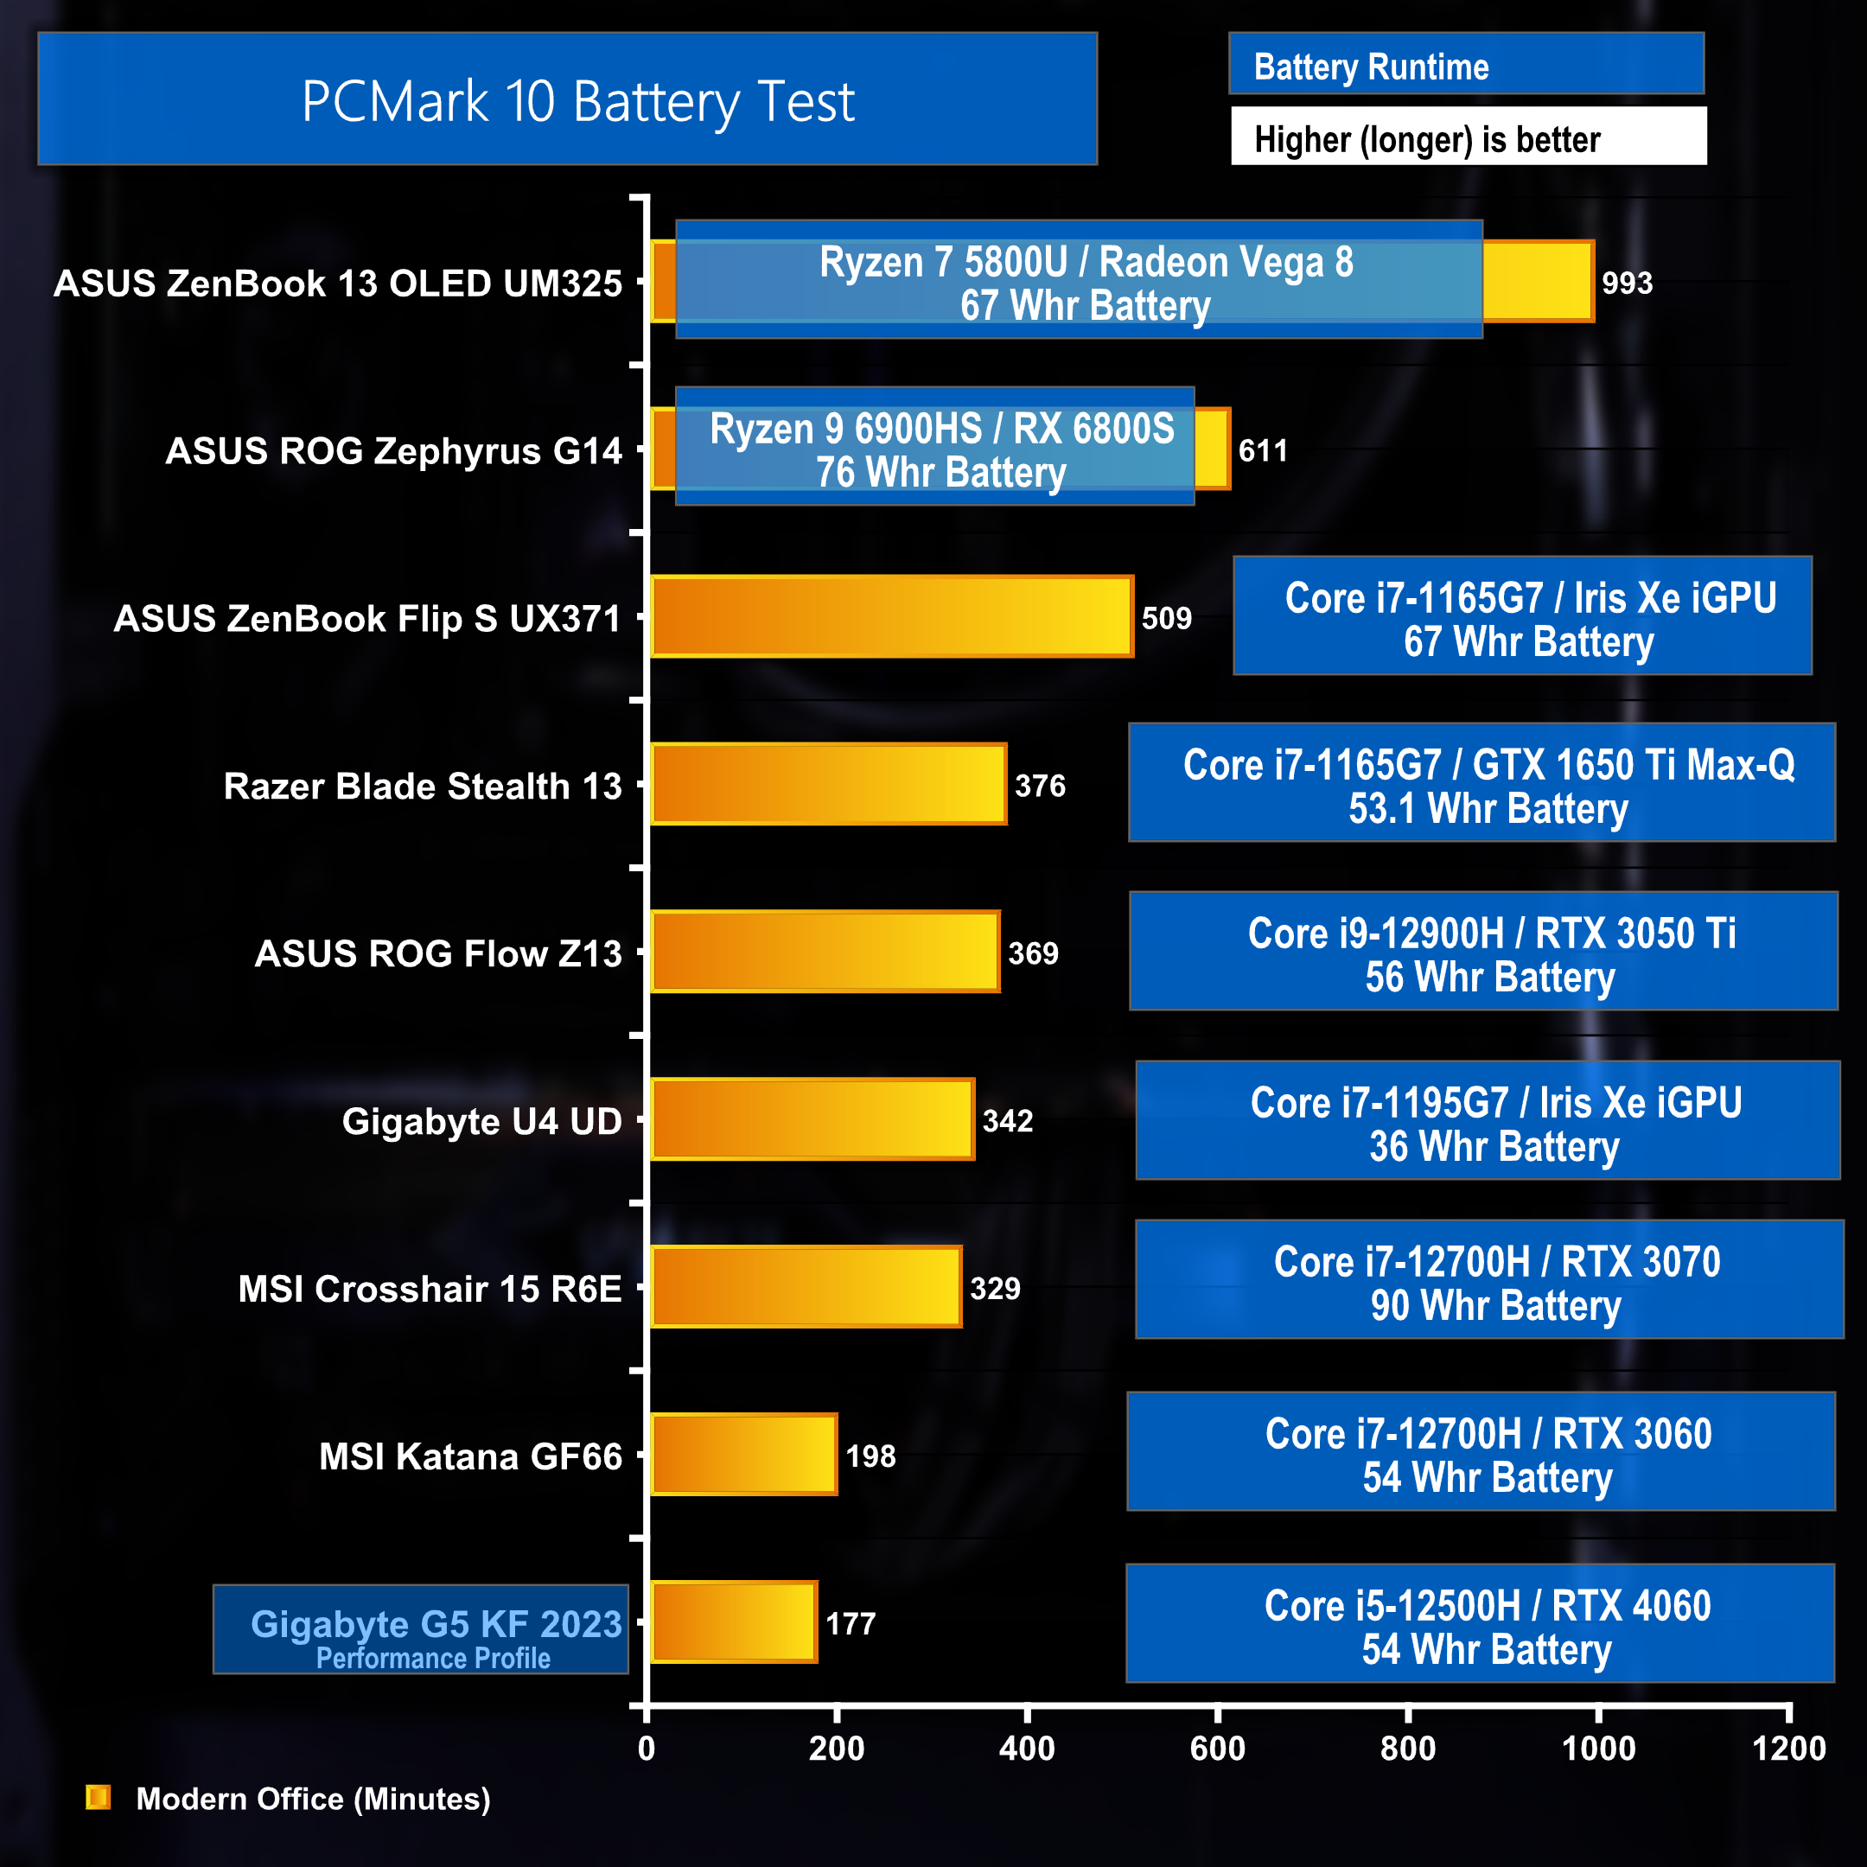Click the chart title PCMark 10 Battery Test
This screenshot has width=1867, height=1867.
point(578,100)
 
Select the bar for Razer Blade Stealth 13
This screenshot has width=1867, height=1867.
point(828,784)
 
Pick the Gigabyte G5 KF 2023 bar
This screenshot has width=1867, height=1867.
point(734,1622)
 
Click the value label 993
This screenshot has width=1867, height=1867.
point(1627,284)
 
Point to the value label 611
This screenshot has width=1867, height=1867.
point(1262,450)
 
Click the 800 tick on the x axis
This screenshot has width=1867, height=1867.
point(1408,1748)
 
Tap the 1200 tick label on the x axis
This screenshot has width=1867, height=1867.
point(1788,1748)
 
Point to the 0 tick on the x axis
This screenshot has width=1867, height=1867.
point(647,1748)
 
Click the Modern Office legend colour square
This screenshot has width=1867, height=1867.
point(99,1798)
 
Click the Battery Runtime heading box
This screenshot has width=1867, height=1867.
point(1465,66)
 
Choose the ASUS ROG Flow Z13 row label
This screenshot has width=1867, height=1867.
point(437,953)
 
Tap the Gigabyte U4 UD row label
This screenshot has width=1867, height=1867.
point(481,1121)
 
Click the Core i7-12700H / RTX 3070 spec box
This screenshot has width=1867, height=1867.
point(1489,1279)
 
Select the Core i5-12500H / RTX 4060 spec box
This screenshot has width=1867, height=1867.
point(1480,1623)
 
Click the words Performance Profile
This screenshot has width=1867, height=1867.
point(433,1659)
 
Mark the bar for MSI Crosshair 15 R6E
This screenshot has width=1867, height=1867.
point(806,1286)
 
